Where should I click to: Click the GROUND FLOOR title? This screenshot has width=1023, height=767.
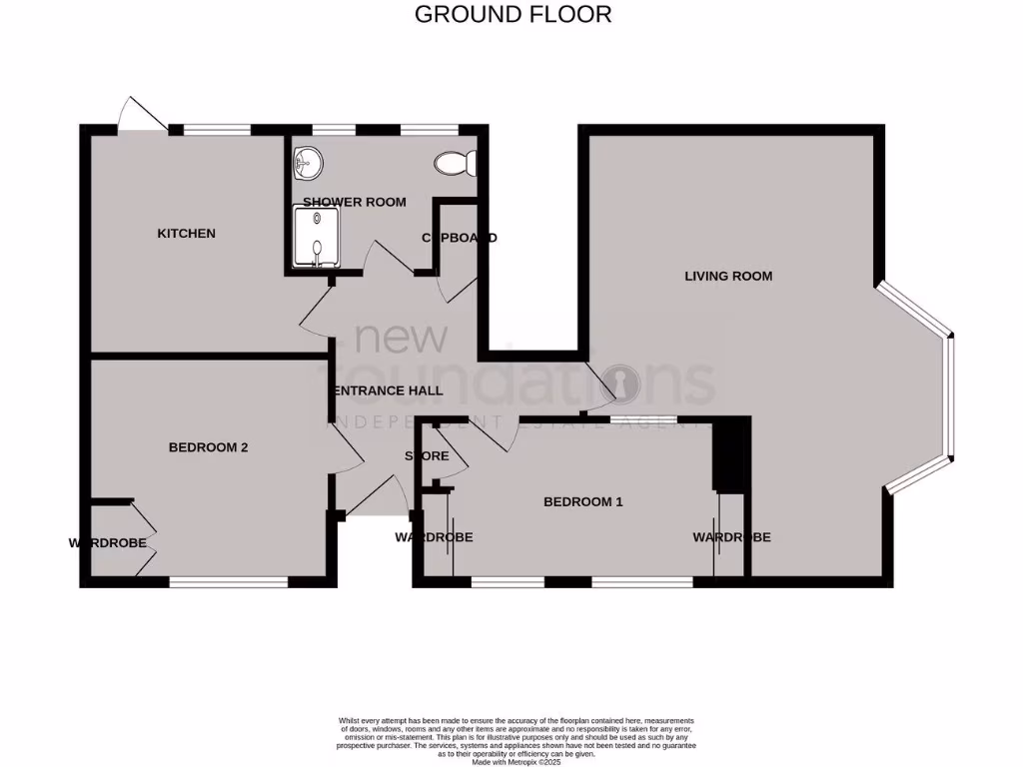pos(511,14)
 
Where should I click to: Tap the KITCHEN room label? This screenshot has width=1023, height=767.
pos(186,234)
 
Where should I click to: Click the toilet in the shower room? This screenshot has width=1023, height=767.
pos(458,163)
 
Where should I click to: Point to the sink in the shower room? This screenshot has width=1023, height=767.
pos(309,161)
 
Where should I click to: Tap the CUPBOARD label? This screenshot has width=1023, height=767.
pos(459,238)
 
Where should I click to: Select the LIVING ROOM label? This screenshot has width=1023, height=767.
pos(728,276)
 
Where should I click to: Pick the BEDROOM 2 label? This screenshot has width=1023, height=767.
pos(208,447)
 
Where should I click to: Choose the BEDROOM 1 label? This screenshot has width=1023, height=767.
pos(582,501)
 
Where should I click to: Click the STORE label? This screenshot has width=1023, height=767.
pos(427,456)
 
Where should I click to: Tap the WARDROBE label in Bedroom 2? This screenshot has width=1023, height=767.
pos(108,543)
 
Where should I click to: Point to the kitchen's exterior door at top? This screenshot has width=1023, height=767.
pos(141,114)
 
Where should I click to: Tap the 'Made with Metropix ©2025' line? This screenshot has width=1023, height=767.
pos(515,762)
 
